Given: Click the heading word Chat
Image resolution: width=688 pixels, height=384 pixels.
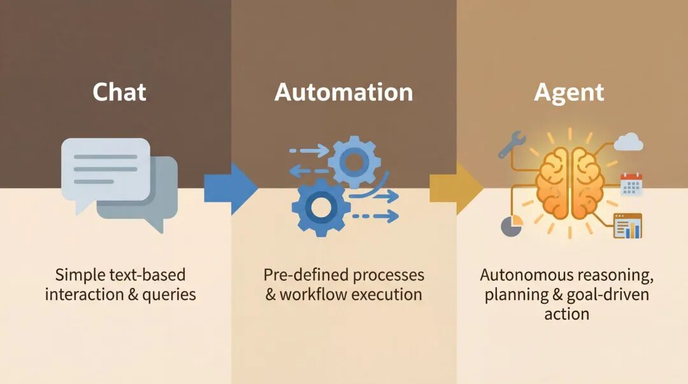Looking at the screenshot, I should (x=119, y=92).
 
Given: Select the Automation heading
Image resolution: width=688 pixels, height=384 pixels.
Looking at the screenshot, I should (x=344, y=92).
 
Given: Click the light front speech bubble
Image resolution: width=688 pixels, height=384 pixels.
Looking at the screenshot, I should (x=105, y=168).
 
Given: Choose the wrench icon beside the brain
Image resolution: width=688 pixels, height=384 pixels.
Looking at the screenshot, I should (x=511, y=145).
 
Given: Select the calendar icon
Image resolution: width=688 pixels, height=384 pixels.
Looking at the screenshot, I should (x=631, y=184).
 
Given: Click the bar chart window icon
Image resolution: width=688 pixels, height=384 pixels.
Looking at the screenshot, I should (x=627, y=226).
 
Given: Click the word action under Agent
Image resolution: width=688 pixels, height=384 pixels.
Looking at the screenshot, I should (x=566, y=314).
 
